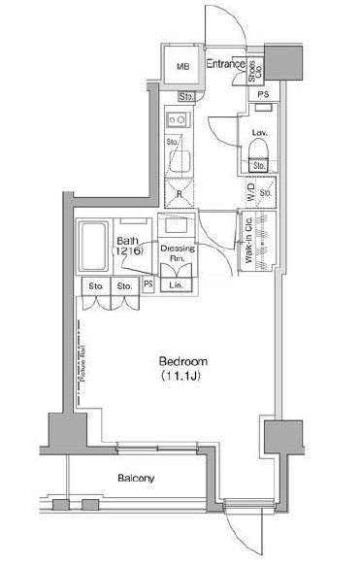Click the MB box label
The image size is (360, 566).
[x=181, y=67]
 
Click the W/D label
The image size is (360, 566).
[x=250, y=194]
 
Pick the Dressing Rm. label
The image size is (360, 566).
[x=183, y=253]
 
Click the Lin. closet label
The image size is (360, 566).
[x=177, y=285]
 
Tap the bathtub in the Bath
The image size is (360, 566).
[x=92, y=247]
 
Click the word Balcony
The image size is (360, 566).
[x=138, y=478]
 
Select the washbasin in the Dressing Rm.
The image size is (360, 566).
[x=180, y=226]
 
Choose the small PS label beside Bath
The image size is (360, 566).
[x=148, y=285]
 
